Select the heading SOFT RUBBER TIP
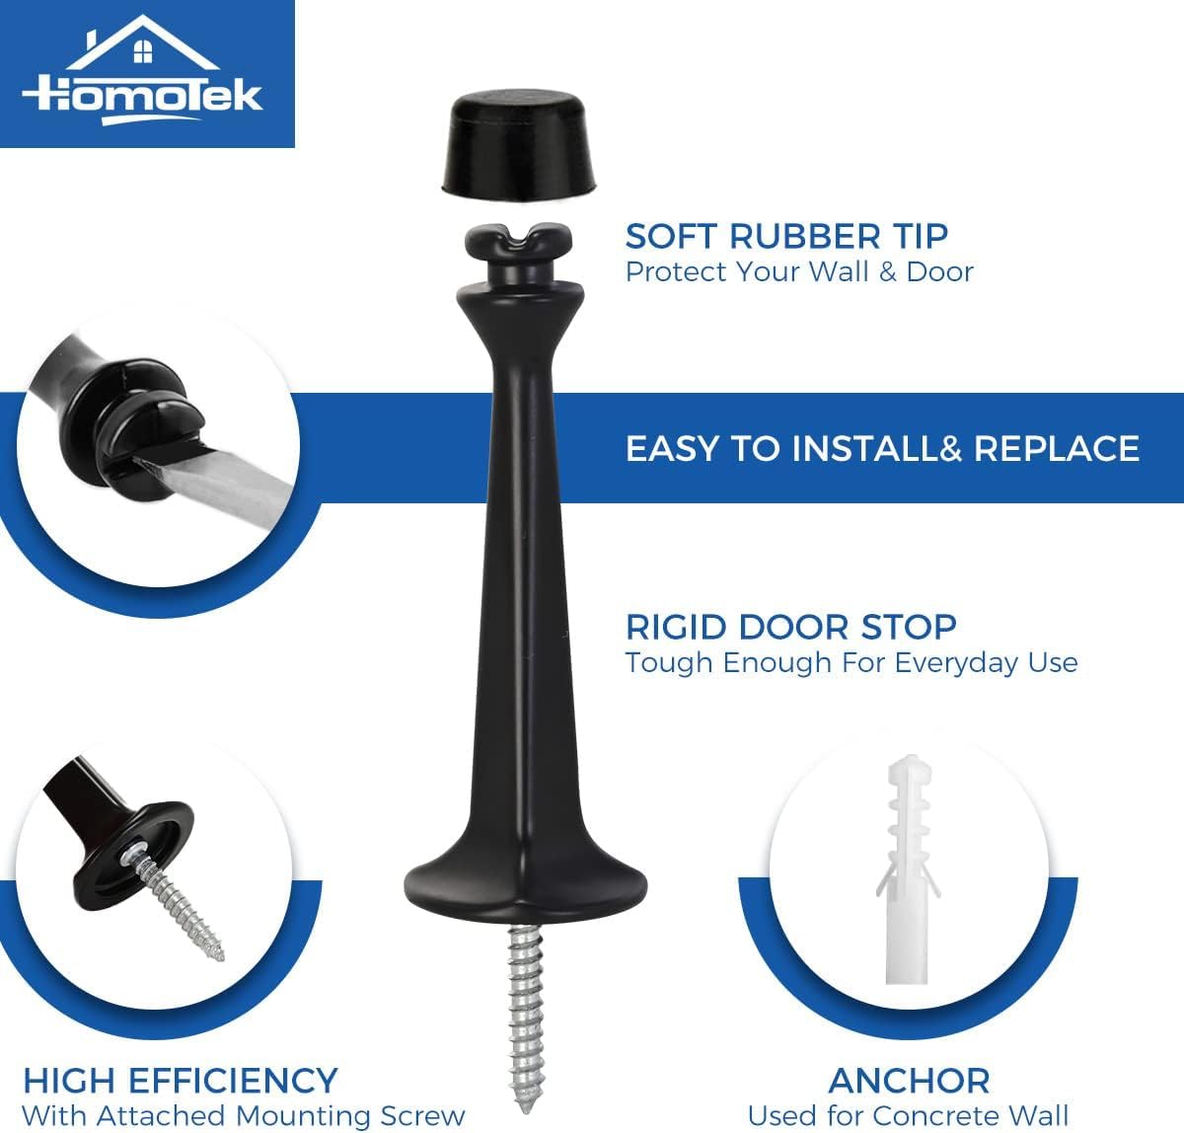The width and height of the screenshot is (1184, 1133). pyautogui.click(x=786, y=236)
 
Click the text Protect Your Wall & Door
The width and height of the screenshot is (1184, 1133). pyautogui.click(x=799, y=272)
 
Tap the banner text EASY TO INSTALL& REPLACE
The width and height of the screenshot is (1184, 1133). pyautogui.click(x=882, y=448)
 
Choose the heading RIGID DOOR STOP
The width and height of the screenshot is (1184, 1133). pyautogui.click(x=791, y=626)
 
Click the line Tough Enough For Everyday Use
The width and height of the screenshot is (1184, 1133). pyautogui.click(x=851, y=662)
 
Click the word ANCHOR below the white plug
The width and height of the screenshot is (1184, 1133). pyautogui.click(x=909, y=1081)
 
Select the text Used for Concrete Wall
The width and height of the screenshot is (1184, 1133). pyautogui.click(x=909, y=1115)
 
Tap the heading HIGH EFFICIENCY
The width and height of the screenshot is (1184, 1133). pyautogui.click(x=181, y=1080)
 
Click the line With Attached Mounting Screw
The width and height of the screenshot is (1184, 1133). pyautogui.click(x=244, y=1116)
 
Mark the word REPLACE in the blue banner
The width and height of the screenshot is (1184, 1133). pyautogui.click(x=1057, y=448)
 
